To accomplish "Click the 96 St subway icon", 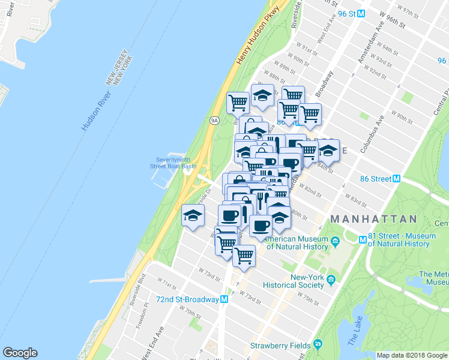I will (x=361, y=13).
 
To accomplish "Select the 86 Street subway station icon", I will (x=396, y=179).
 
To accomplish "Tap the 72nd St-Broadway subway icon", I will (x=224, y=299).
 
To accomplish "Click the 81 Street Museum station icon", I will (x=363, y=239).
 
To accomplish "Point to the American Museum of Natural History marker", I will (x=335, y=242).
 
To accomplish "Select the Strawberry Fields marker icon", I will (x=318, y=345).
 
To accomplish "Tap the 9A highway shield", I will (x=214, y=121).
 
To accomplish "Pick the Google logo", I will (x=20, y=353).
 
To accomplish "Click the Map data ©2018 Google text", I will (x=412, y=355).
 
